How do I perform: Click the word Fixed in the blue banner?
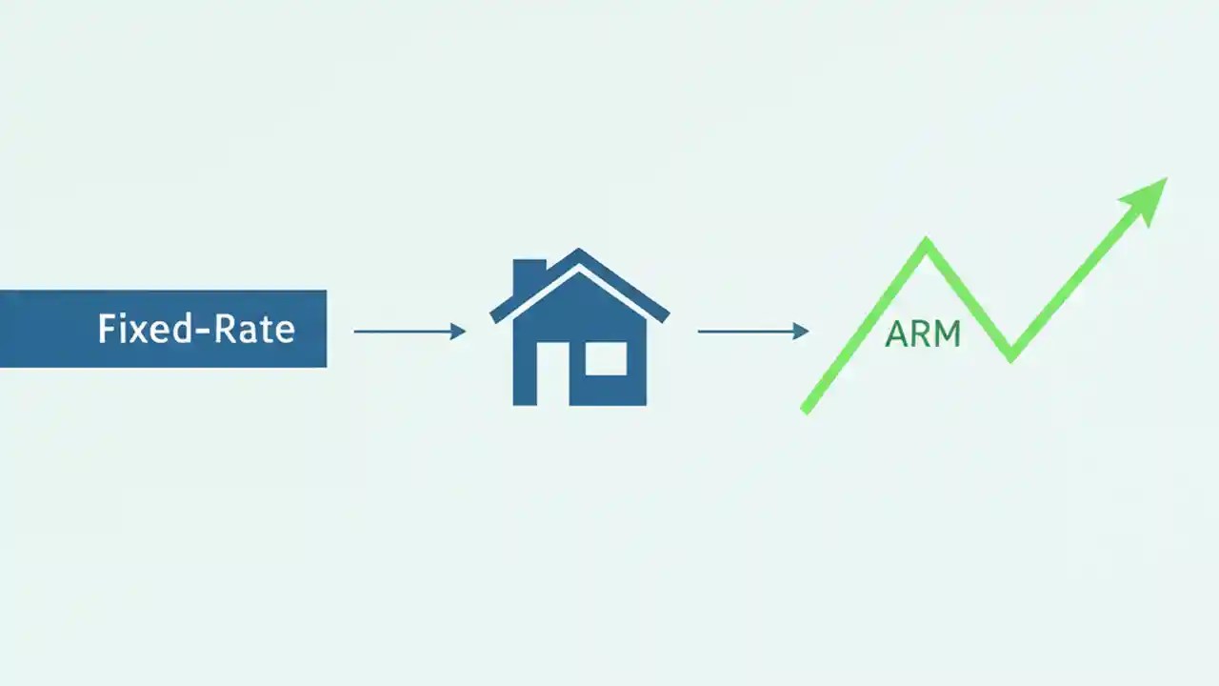pyautogui.click(x=138, y=330)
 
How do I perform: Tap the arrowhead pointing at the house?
pyautogui.click(x=458, y=332)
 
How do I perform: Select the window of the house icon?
pyautogui.click(x=606, y=358)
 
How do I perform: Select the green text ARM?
pyautogui.click(x=922, y=333)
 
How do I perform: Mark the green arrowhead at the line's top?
pyautogui.click(x=1147, y=195)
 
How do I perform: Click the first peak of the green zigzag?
pyautogui.click(x=926, y=242)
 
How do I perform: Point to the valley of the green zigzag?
pyautogui.click(x=1011, y=356)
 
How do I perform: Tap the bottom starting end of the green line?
pyautogui.click(x=806, y=410)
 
